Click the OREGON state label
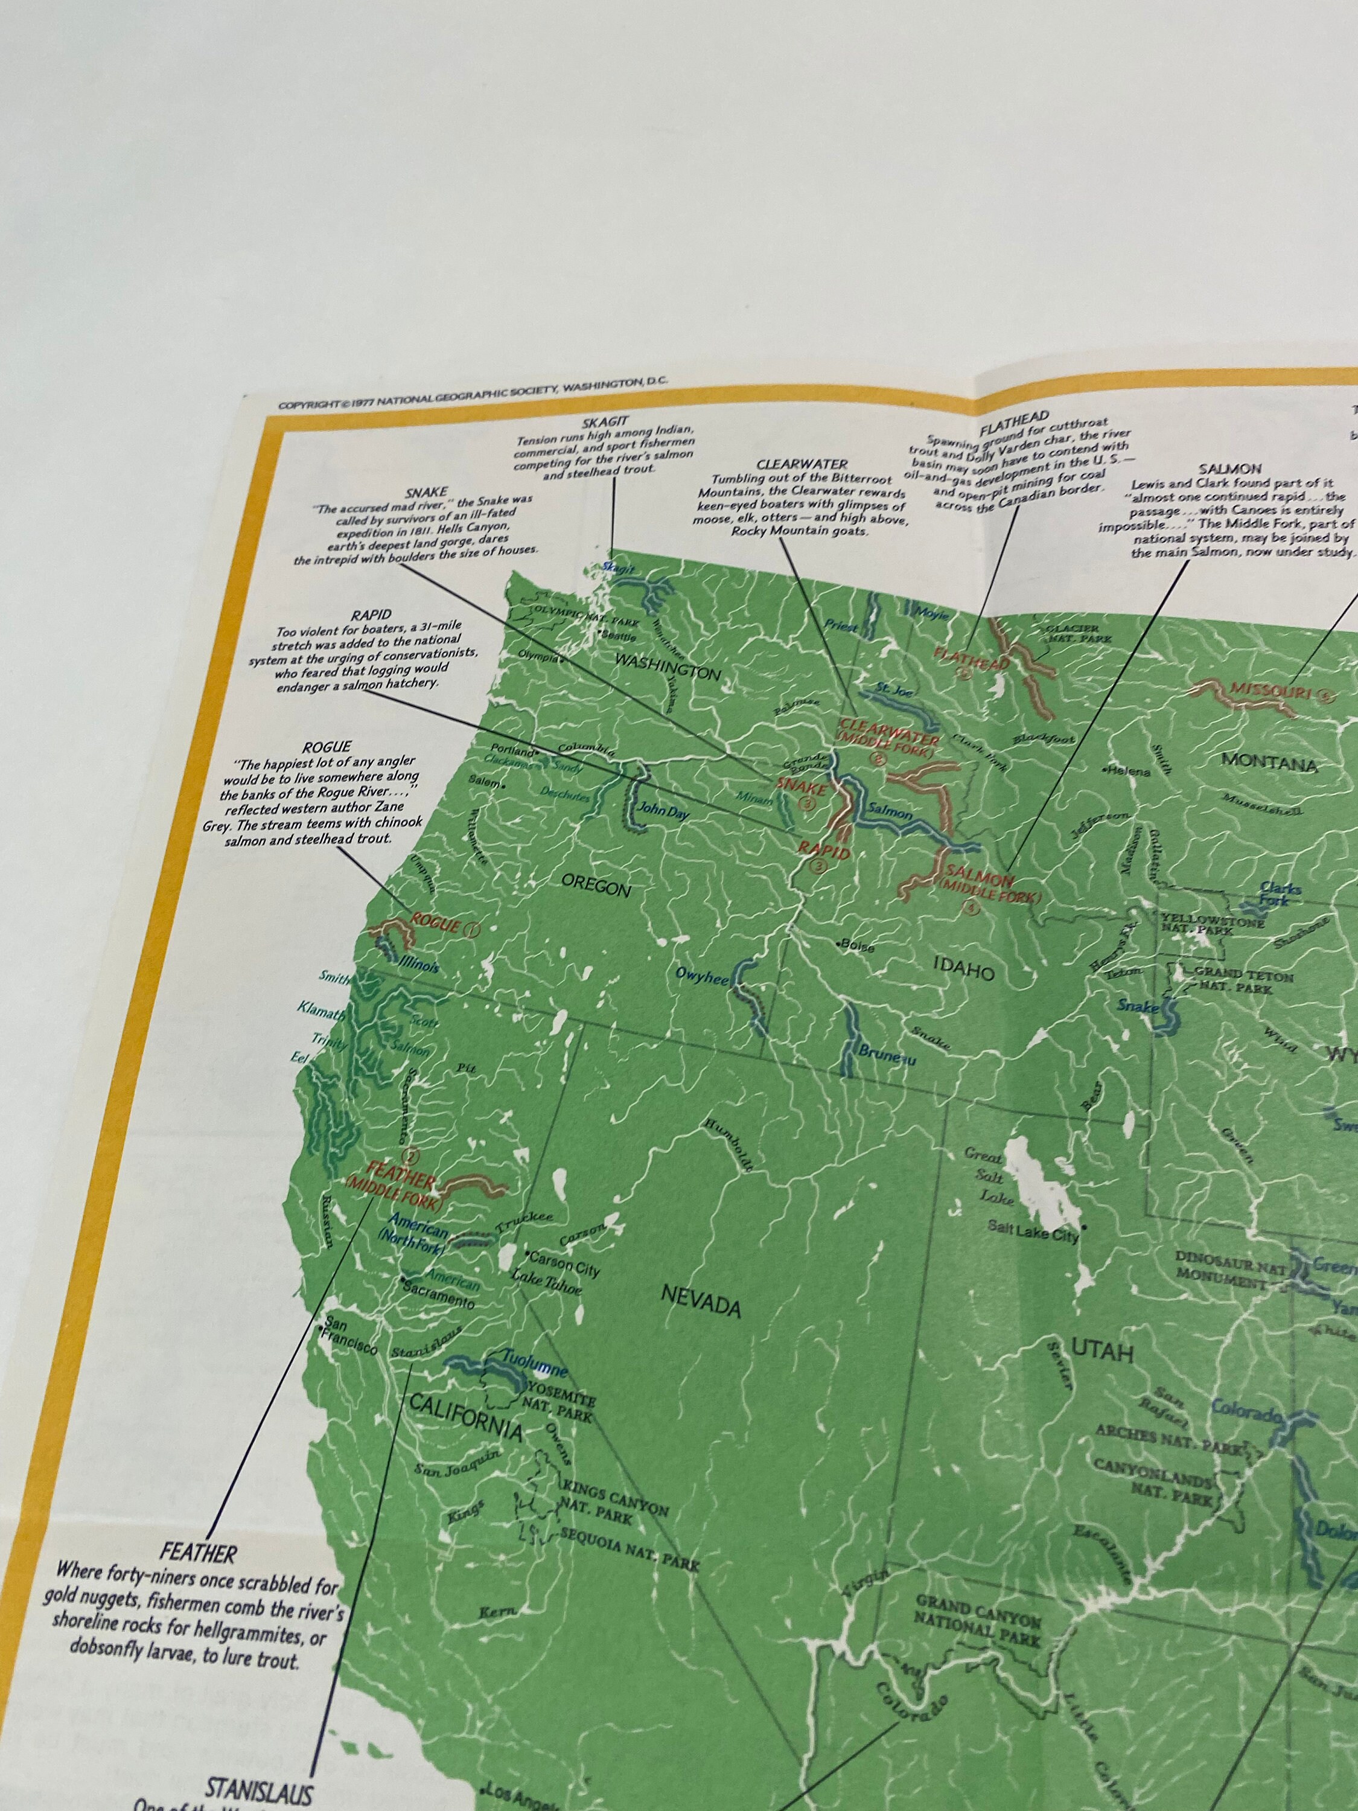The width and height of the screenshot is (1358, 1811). (595, 886)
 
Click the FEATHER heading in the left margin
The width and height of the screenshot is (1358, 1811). (199, 1554)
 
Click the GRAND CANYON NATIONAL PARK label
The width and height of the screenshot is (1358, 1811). (978, 1620)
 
